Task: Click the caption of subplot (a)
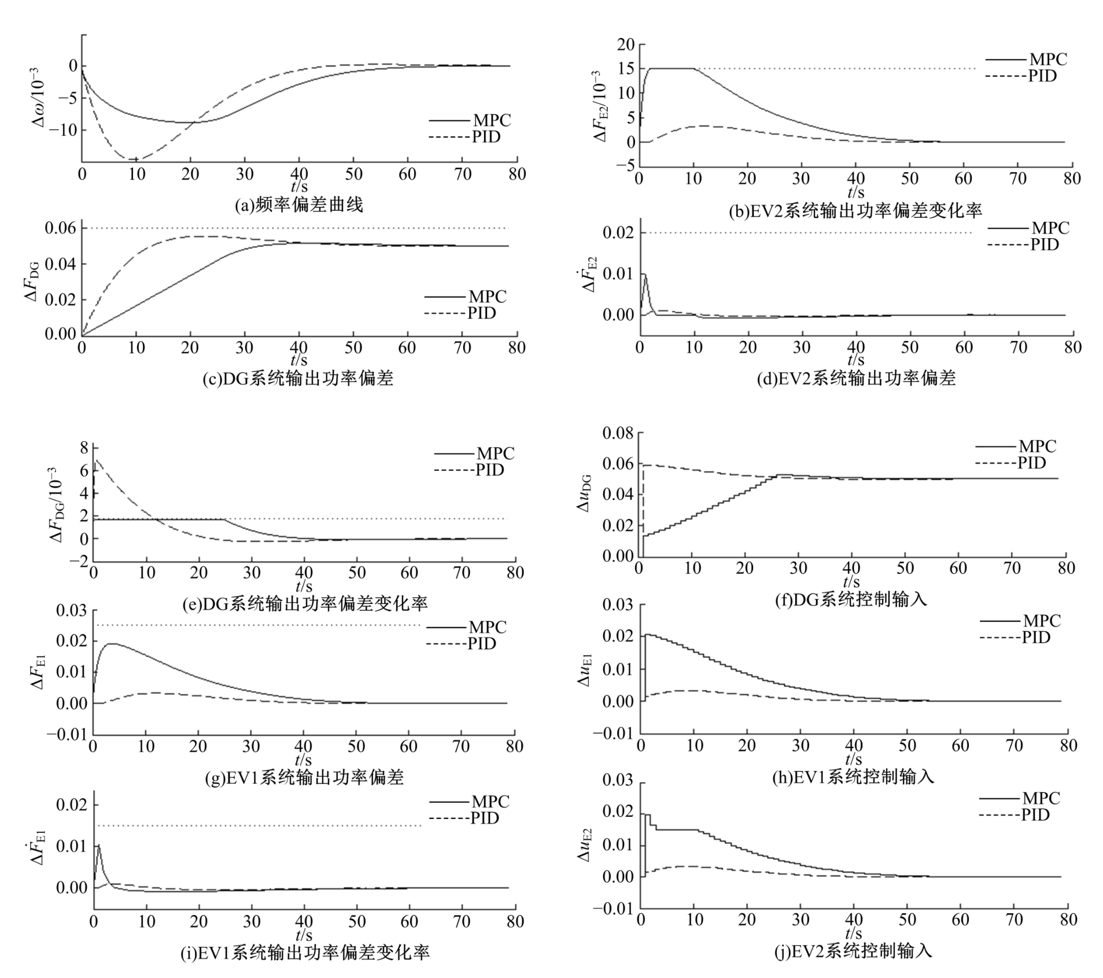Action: pos(298,205)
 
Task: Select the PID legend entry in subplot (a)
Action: pos(464,137)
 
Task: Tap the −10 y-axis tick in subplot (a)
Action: pos(61,130)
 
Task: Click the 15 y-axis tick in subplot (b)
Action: pos(626,69)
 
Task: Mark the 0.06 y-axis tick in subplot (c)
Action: pos(60,228)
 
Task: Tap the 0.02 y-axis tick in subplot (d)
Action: pos(618,233)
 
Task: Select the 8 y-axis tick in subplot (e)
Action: pos(84,448)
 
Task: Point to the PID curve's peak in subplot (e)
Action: pos(97,460)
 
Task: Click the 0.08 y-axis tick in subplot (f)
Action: pos(618,433)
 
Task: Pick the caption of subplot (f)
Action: pos(851,600)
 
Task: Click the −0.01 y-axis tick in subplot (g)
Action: pos(67,734)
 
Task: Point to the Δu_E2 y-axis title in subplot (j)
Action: pos(585,844)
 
